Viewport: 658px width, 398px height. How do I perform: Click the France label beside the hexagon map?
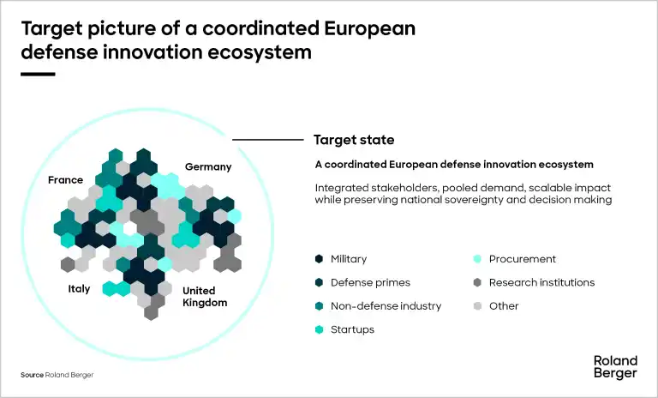pos(65,180)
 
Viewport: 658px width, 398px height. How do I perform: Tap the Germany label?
pos(208,167)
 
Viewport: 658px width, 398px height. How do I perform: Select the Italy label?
pos(79,289)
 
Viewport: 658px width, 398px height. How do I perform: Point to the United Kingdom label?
pos(205,297)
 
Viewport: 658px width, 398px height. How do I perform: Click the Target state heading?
pos(354,140)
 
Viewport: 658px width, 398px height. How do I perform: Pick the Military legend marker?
pos(319,259)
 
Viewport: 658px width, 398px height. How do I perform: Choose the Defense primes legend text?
pos(370,282)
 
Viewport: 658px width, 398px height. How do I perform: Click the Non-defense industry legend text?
pos(386,306)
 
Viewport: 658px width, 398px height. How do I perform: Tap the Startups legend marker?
pos(319,329)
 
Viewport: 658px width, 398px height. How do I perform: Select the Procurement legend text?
pos(522,259)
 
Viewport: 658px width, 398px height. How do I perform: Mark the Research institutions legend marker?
pos(477,282)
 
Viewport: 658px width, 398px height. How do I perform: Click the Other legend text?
pos(504,306)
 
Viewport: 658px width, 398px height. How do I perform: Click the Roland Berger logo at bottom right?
pos(615,367)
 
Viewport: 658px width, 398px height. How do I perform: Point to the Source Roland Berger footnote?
pos(57,375)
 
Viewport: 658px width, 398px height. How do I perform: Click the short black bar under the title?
pos(38,75)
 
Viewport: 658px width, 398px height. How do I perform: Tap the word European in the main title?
pos(370,29)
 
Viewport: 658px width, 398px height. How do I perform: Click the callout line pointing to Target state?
pos(267,140)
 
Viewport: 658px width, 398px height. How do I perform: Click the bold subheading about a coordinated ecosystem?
pos(454,165)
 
